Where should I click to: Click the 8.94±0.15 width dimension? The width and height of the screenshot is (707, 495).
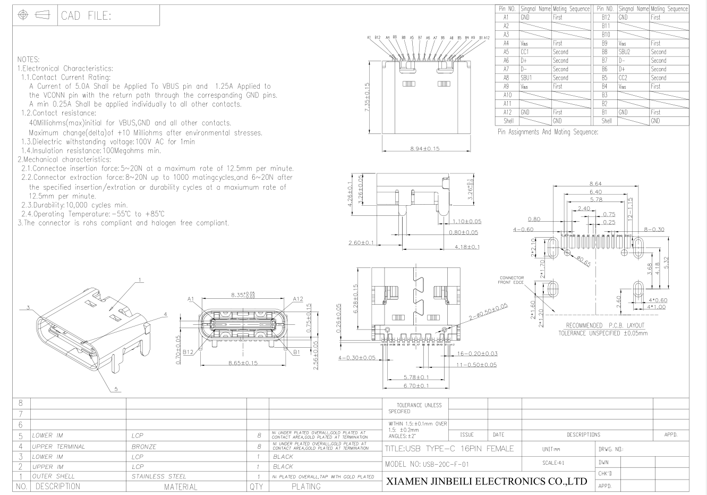tap(425, 148)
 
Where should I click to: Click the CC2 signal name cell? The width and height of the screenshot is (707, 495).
tap(623, 78)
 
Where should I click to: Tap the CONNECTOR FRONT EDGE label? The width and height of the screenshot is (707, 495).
tap(511, 280)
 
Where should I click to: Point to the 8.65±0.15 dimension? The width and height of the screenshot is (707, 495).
tap(242, 363)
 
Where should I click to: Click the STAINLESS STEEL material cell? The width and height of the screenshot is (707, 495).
tap(159, 476)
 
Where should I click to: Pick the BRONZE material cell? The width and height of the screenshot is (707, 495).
tap(144, 447)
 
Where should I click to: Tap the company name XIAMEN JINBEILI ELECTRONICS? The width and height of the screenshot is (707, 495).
tap(485, 482)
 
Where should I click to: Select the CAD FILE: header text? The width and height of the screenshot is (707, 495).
tap(86, 16)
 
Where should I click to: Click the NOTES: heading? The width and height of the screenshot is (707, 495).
tap(29, 59)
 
